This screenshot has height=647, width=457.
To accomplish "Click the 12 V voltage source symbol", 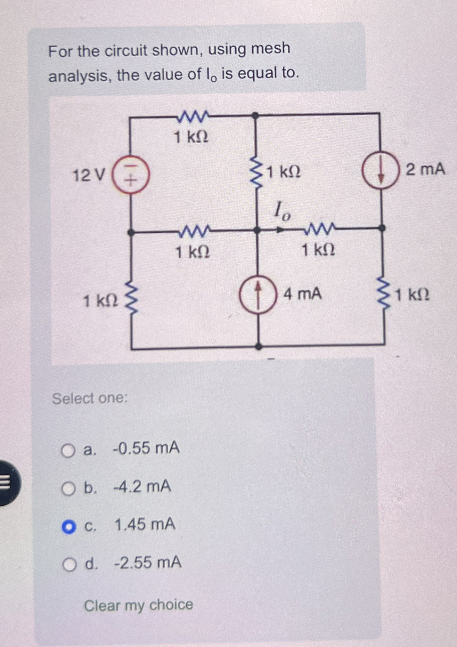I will coord(130,175).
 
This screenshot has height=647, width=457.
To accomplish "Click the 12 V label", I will coord(88,175).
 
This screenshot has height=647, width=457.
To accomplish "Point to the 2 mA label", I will coord(425,170).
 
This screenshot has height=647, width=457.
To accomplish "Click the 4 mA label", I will coord(302,294).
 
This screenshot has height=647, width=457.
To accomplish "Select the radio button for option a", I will coord(68,451).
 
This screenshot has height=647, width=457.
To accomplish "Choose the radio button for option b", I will coord(68,489).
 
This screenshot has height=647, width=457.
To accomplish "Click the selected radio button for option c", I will coord(68,527).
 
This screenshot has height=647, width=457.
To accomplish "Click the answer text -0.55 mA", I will coord(146,448).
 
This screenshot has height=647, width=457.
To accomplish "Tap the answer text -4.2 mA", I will coord(142,486).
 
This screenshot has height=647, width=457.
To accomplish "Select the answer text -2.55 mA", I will coord(148,562).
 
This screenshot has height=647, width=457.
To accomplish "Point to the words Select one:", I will coord(90,398).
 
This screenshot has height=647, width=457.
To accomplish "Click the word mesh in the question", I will coord(270,48).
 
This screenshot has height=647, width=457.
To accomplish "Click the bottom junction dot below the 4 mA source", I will coord(259,346).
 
